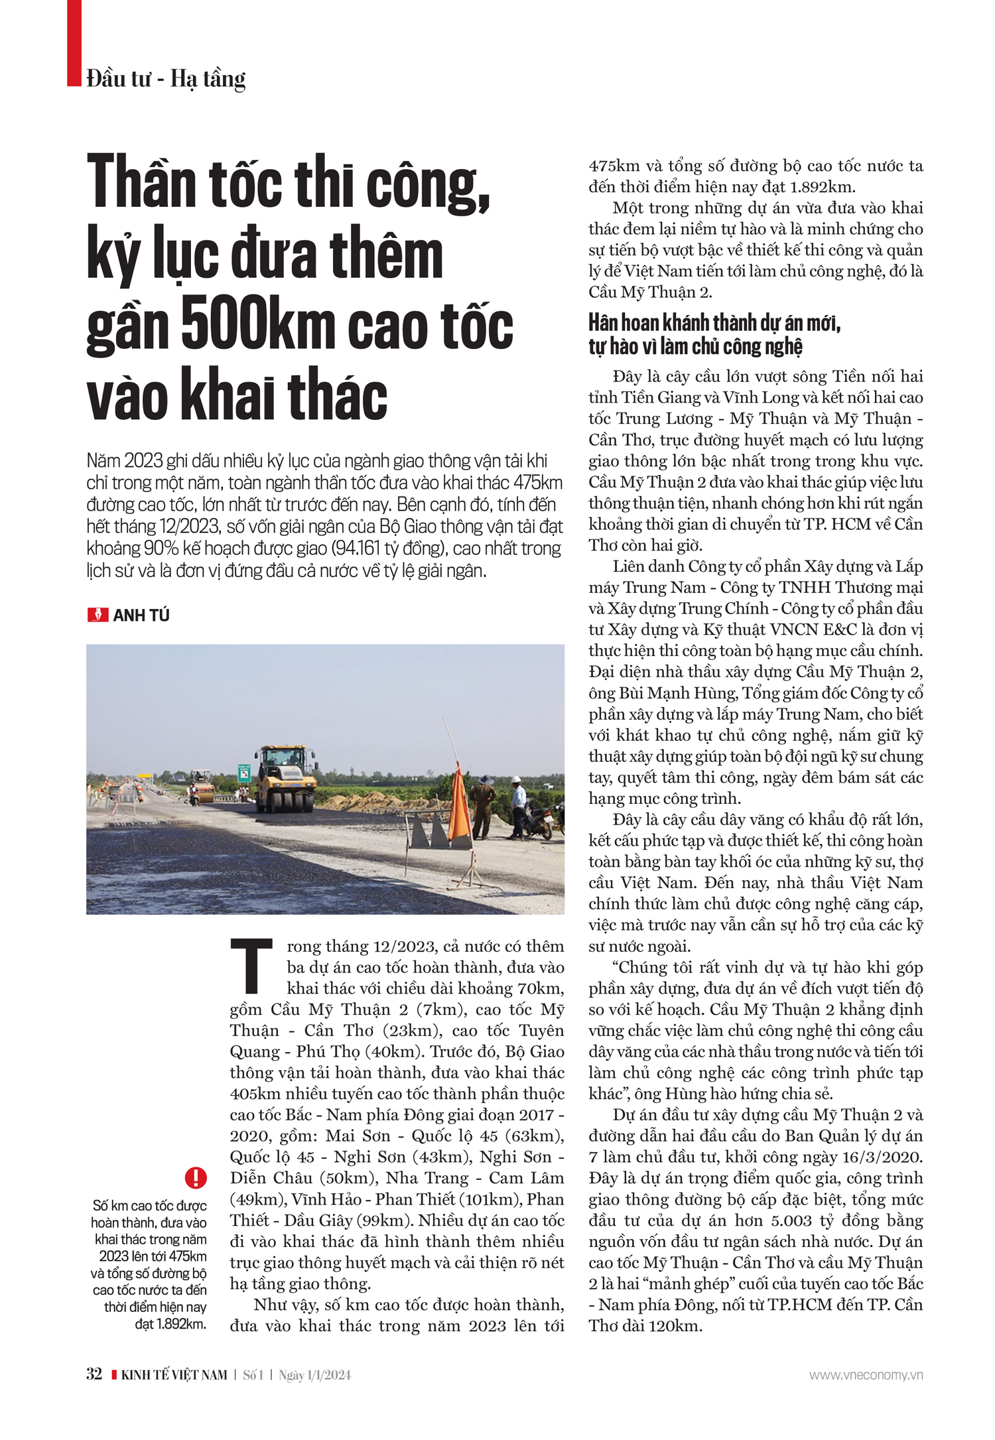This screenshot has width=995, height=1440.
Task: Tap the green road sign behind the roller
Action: tap(244, 773)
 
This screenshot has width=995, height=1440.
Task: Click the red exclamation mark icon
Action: tap(196, 1177)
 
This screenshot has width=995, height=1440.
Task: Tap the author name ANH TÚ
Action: tap(141, 616)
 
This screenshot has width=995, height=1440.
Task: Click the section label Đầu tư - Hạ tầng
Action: tap(166, 79)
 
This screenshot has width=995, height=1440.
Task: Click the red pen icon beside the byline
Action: tap(98, 615)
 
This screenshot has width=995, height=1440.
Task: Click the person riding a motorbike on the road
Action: tap(194, 793)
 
